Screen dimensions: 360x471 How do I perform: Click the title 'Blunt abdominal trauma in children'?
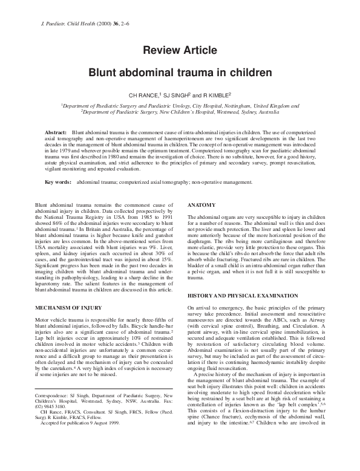pos(180,73)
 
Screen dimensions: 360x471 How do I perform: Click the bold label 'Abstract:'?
pos(56,131)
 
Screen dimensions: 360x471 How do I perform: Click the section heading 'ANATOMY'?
pos(201,205)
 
